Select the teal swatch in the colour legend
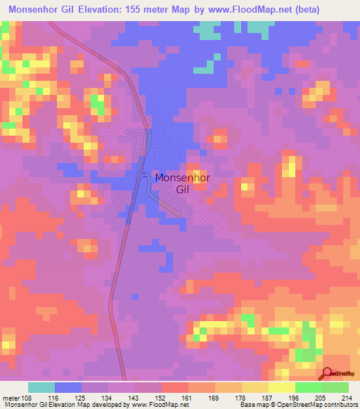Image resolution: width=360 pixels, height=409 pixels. [41, 387]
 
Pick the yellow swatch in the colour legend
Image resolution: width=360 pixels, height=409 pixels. [282, 387]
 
